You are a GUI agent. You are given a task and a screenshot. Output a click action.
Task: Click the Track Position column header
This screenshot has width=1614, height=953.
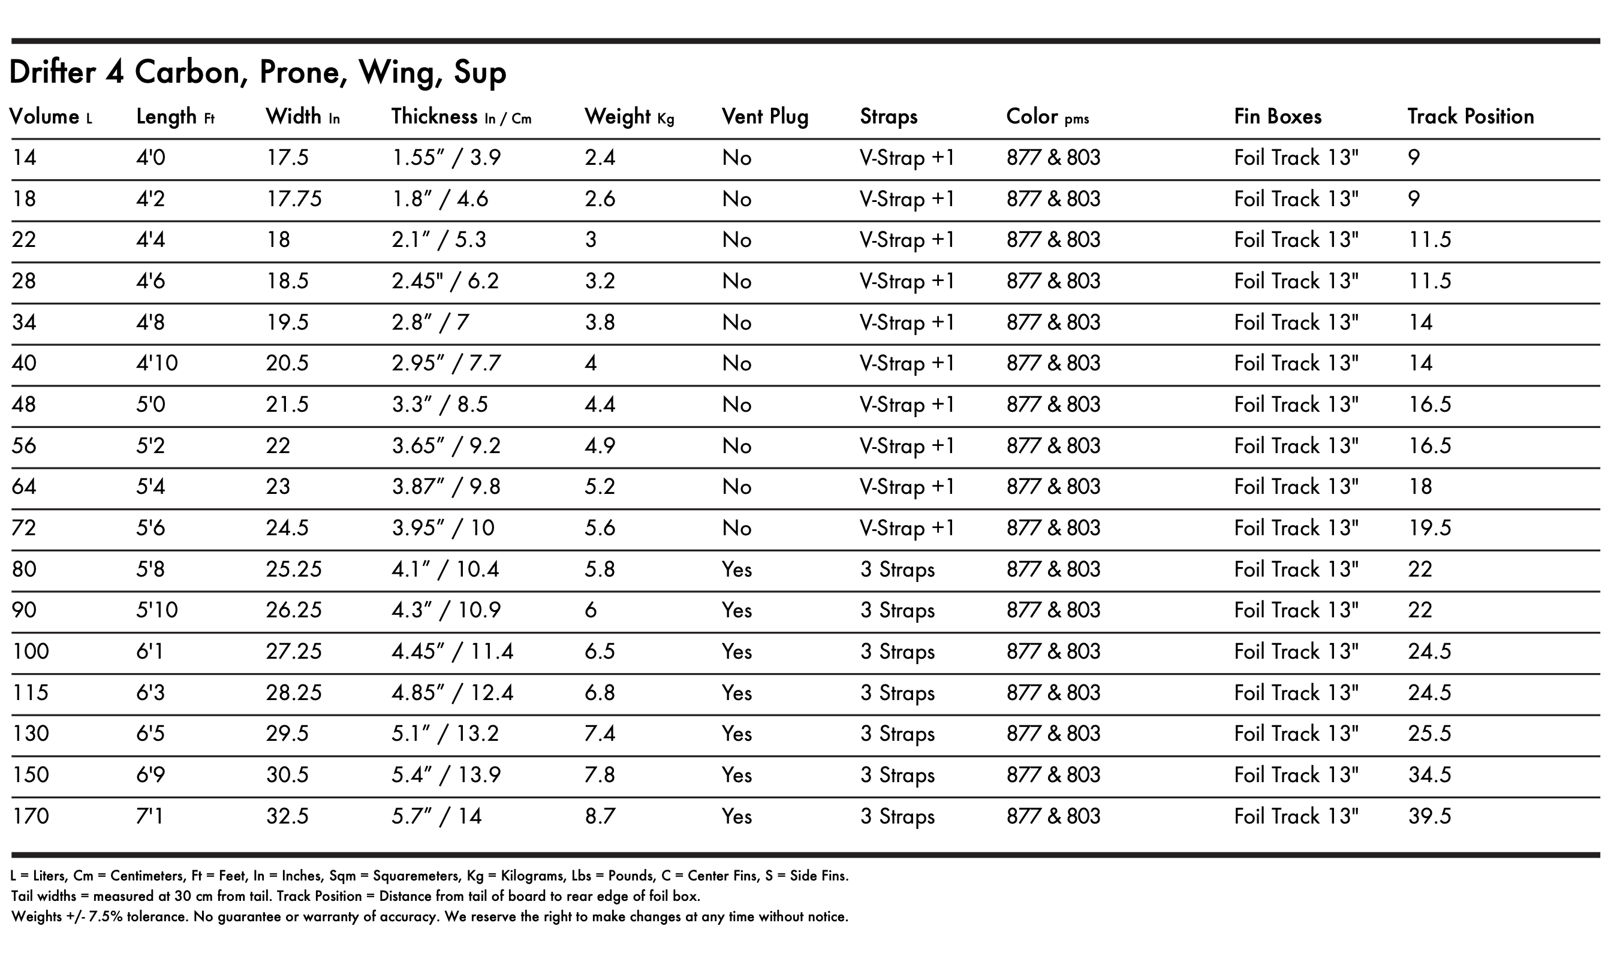coord(1470,116)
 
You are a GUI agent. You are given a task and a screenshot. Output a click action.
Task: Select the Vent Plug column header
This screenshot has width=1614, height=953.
coord(764,116)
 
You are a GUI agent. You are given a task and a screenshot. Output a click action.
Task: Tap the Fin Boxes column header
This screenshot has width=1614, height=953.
coord(1278,116)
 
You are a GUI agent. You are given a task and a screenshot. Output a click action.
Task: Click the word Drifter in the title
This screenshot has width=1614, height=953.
coord(53,72)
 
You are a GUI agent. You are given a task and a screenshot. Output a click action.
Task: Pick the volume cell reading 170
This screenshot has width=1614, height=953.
coord(30,816)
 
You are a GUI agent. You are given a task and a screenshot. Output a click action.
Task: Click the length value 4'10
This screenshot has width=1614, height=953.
coord(156,363)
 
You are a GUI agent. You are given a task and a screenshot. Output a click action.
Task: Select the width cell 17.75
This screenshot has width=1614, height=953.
coord(294,199)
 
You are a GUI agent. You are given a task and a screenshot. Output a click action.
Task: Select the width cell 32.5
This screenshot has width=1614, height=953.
coord(287,816)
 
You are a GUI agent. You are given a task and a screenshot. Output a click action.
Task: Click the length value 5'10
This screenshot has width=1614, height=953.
coord(156,610)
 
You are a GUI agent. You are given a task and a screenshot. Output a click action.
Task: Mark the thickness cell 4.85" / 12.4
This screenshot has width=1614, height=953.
coord(452,693)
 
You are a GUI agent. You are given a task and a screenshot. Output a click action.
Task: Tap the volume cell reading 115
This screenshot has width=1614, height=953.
coord(30,693)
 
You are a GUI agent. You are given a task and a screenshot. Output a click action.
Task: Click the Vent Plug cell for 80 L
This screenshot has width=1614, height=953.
coord(736,569)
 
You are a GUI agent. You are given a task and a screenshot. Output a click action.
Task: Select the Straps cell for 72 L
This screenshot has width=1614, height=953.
coord(907,528)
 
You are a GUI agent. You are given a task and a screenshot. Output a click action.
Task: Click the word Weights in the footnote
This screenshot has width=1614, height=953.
coord(37,916)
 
